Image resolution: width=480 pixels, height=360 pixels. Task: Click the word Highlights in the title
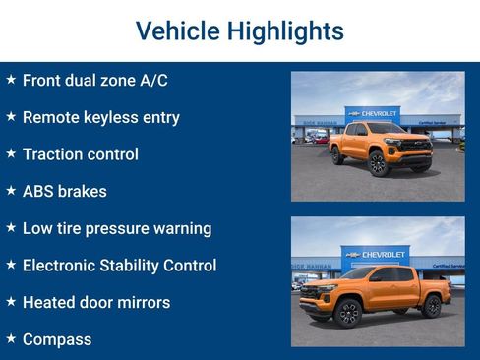(285, 31)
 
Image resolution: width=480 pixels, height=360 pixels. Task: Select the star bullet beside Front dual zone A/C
(11, 79)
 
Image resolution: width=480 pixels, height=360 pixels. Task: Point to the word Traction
(54, 154)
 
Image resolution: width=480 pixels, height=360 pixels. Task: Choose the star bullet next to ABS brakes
(11, 190)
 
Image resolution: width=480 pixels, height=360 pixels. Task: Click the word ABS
(38, 192)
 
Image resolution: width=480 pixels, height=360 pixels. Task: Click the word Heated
(50, 302)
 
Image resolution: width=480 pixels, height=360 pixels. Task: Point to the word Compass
(57, 340)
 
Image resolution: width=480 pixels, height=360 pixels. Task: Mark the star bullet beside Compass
(11, 337)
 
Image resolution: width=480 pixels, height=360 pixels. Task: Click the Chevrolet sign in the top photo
(374, 114)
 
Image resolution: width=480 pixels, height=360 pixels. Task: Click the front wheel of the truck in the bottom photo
(346, 313)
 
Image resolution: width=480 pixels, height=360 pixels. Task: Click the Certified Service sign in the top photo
(433, 124)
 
